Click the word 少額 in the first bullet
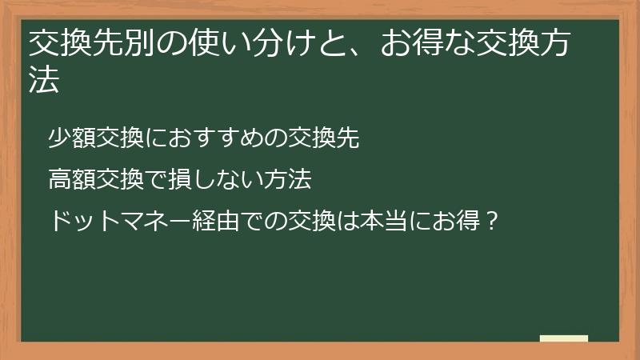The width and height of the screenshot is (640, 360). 71,138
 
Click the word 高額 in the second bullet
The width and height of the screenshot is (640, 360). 71,178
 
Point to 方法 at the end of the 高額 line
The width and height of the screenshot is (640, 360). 287,178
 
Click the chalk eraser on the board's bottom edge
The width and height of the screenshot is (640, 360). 563,339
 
